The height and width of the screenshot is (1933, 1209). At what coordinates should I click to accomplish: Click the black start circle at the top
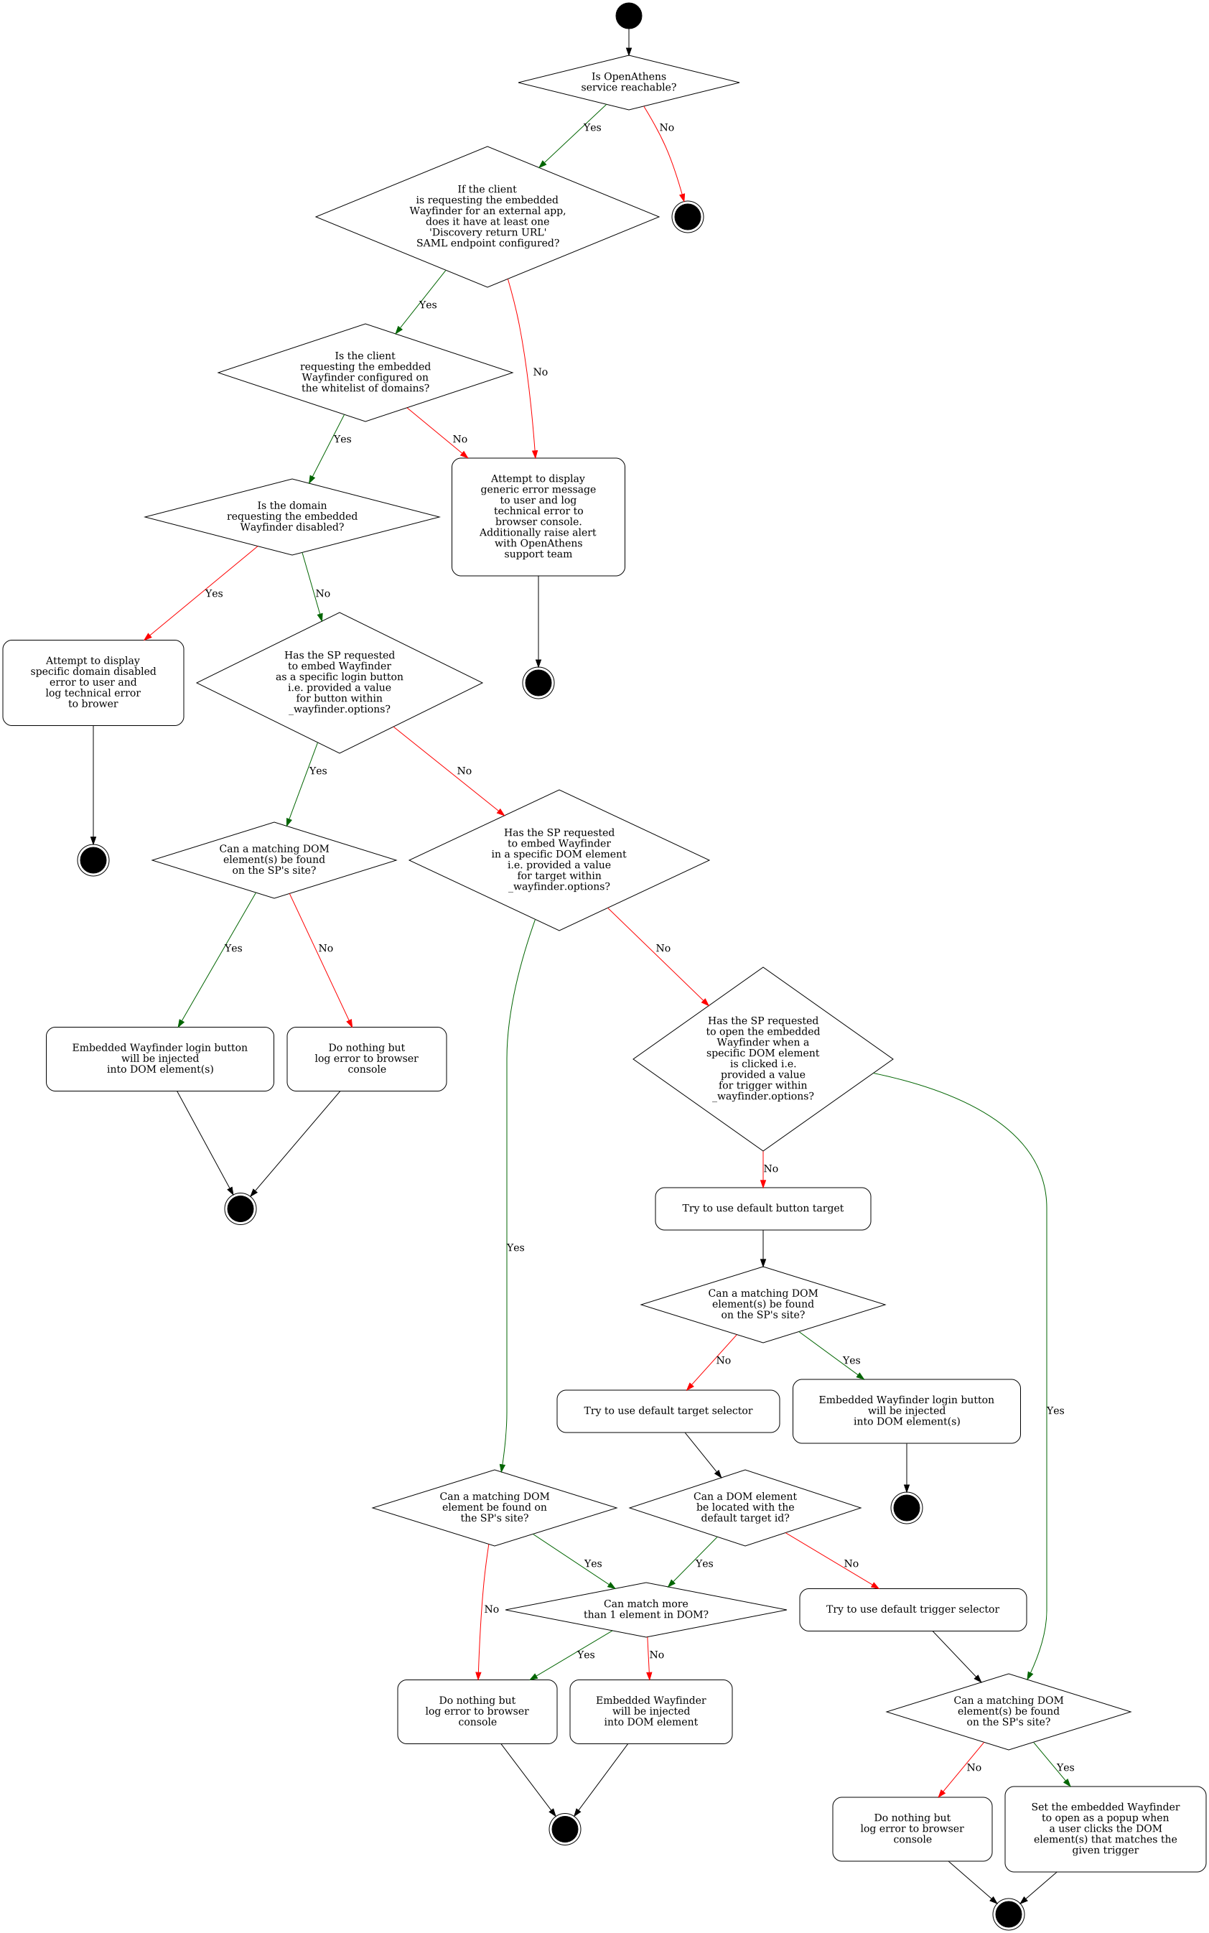point(628,16)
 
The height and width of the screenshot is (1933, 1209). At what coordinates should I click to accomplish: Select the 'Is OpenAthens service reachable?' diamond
point(628,83)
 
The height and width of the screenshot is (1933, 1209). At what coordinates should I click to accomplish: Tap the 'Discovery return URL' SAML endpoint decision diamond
point(487,216)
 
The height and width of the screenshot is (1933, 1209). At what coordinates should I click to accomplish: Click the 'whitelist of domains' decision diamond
point(365,372)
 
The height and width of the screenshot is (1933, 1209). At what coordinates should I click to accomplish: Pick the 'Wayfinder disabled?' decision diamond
point(292,517)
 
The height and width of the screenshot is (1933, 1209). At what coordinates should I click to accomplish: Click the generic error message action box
point(538,517)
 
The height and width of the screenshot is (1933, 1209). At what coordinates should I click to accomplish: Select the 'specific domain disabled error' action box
point(93,682)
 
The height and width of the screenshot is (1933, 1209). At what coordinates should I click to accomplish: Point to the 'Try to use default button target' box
point(763,1208)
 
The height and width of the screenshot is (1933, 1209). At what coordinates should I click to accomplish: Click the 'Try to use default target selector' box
point(668,1411)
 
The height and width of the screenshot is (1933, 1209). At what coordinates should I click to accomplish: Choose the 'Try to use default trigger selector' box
point(912,1609)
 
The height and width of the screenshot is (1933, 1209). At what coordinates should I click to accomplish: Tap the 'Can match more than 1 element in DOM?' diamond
point(646,1609)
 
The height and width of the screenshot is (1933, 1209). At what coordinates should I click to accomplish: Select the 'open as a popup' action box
point(1105,1828)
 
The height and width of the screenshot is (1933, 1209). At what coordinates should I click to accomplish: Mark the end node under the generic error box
point(538,682)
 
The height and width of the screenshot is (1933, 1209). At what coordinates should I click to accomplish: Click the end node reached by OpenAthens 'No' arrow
point(688,216)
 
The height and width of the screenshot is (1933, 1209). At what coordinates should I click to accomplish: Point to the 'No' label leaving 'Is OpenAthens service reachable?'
point(666,128)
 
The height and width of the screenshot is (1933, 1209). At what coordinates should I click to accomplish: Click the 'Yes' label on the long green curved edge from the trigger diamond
point(1055,1411)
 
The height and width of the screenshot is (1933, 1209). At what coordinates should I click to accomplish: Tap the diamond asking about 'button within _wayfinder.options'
point(339,682)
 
